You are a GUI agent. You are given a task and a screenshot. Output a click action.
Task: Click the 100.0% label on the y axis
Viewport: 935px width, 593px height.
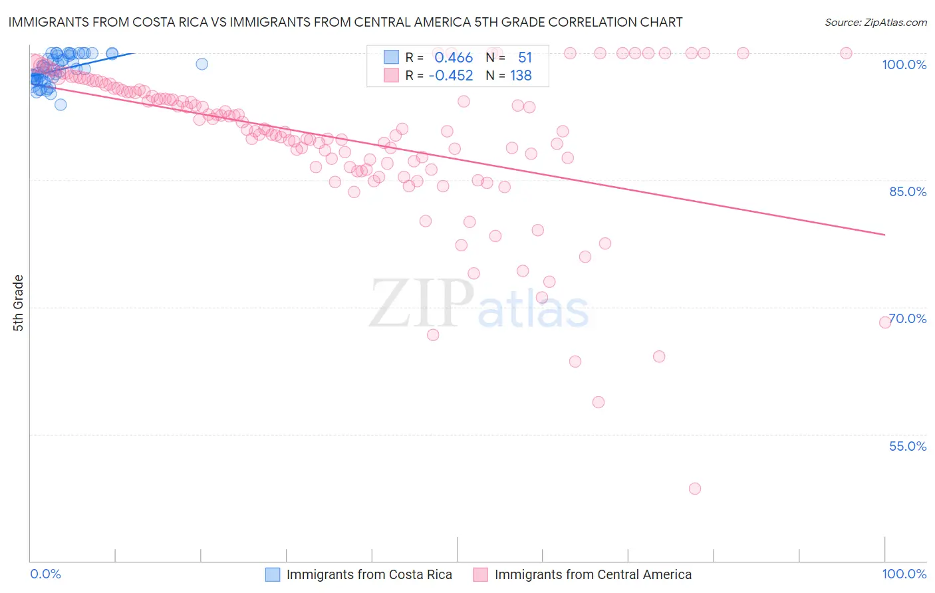(904, 64)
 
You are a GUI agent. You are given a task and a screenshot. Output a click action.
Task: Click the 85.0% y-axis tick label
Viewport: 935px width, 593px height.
(908, 191)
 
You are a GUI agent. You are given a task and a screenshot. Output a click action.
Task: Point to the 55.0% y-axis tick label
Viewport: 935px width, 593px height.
(908, 446)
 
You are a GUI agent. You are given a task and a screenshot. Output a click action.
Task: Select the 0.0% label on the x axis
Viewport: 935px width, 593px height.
(45, 574)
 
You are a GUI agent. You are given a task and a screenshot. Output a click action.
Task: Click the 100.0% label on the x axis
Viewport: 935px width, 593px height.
(904, 574)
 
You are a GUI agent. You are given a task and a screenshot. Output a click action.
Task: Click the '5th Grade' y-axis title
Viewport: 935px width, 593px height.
(18, 303)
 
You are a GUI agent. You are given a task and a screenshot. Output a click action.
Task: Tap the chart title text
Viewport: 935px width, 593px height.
(345, 22)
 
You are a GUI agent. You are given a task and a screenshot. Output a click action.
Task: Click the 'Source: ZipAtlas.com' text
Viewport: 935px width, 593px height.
(875, 22)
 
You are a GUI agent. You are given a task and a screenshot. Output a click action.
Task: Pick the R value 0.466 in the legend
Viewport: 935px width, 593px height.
(454, 58)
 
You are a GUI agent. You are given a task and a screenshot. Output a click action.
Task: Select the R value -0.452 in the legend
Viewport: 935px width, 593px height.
(451, 76)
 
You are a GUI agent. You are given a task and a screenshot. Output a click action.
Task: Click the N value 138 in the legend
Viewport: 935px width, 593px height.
(521, 76)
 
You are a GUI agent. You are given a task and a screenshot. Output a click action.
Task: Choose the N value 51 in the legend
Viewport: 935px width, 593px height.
(525, 58)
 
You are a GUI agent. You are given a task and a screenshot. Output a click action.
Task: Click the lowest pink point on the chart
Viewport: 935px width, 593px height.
(695, 489)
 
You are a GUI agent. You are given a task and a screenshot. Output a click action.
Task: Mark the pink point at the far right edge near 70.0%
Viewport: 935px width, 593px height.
(885, 322)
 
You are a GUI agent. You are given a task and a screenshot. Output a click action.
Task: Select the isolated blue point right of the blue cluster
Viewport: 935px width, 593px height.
(201, 64)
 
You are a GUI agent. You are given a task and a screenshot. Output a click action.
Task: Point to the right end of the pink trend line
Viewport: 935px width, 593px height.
(884, 235)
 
